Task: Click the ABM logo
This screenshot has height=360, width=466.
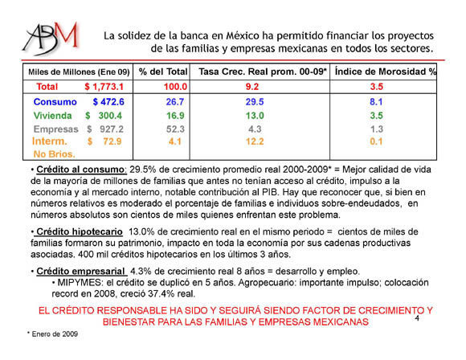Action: [51, 39]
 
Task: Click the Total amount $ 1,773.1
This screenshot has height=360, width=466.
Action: [104, 87]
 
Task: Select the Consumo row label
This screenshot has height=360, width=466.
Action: [55, 102]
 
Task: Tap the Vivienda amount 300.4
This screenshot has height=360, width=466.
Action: [110, 116]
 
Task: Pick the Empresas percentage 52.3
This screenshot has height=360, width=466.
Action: [175, 129]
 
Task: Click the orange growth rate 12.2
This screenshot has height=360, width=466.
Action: [255, 141]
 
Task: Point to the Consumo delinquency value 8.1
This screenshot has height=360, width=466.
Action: [376, 102]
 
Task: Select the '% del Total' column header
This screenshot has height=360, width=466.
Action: [163, 72]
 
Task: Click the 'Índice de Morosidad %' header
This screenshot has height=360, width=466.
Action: [385, 72]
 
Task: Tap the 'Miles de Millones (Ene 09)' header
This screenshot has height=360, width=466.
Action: [79, 72]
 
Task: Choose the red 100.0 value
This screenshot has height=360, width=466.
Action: [175, 87]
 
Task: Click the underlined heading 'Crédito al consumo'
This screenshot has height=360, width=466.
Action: [80, 170]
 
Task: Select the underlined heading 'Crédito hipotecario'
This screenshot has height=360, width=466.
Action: [80, 231]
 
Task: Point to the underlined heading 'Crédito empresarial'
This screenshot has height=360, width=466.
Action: [80, 271]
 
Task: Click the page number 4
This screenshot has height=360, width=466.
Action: [417, 318]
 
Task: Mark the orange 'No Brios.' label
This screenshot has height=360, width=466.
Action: [54, 154]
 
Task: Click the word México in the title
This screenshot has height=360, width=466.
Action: [243, 35]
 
